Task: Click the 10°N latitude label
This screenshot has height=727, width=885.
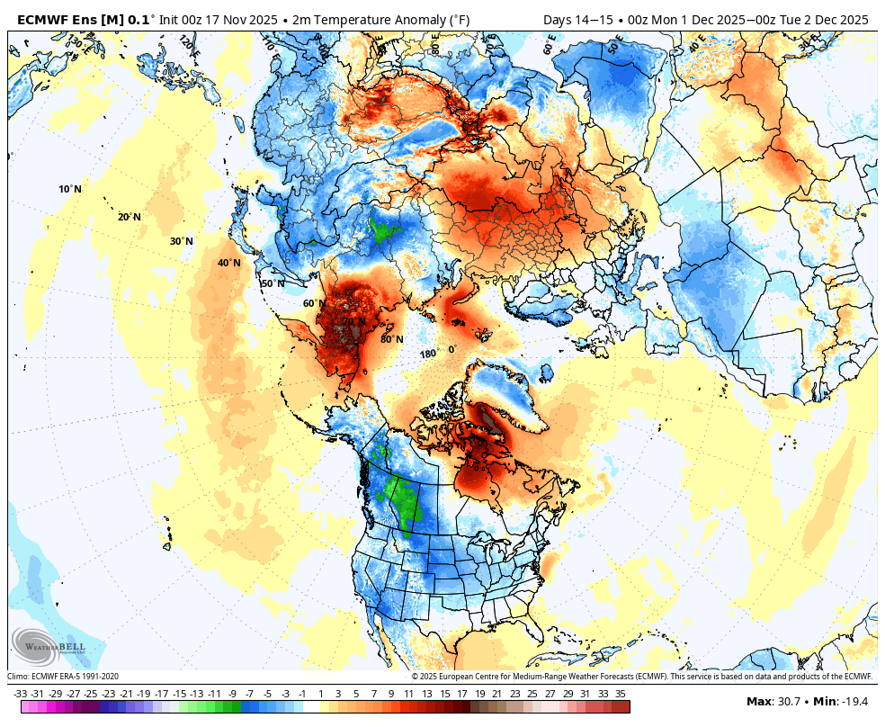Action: coord(70,189)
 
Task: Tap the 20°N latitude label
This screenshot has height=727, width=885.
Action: coord(129,217)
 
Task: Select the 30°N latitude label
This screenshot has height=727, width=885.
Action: coord(182,241)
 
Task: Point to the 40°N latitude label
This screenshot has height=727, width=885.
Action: coord(228,263)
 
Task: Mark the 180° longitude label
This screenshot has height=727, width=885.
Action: coord(428,354)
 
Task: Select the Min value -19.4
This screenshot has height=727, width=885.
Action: coord(856,701)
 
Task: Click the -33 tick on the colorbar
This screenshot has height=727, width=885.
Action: coord(20,694)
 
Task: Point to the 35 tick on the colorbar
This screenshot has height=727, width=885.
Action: coord(621,694)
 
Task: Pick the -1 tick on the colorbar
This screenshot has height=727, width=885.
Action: coord(302,694)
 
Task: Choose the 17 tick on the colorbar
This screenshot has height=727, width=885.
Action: coord(461,694)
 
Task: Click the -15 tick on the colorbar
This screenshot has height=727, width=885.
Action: coord(179,694)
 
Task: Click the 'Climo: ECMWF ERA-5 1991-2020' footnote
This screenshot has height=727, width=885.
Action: coord(63,677)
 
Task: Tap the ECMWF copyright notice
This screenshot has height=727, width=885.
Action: coord(642,677)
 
